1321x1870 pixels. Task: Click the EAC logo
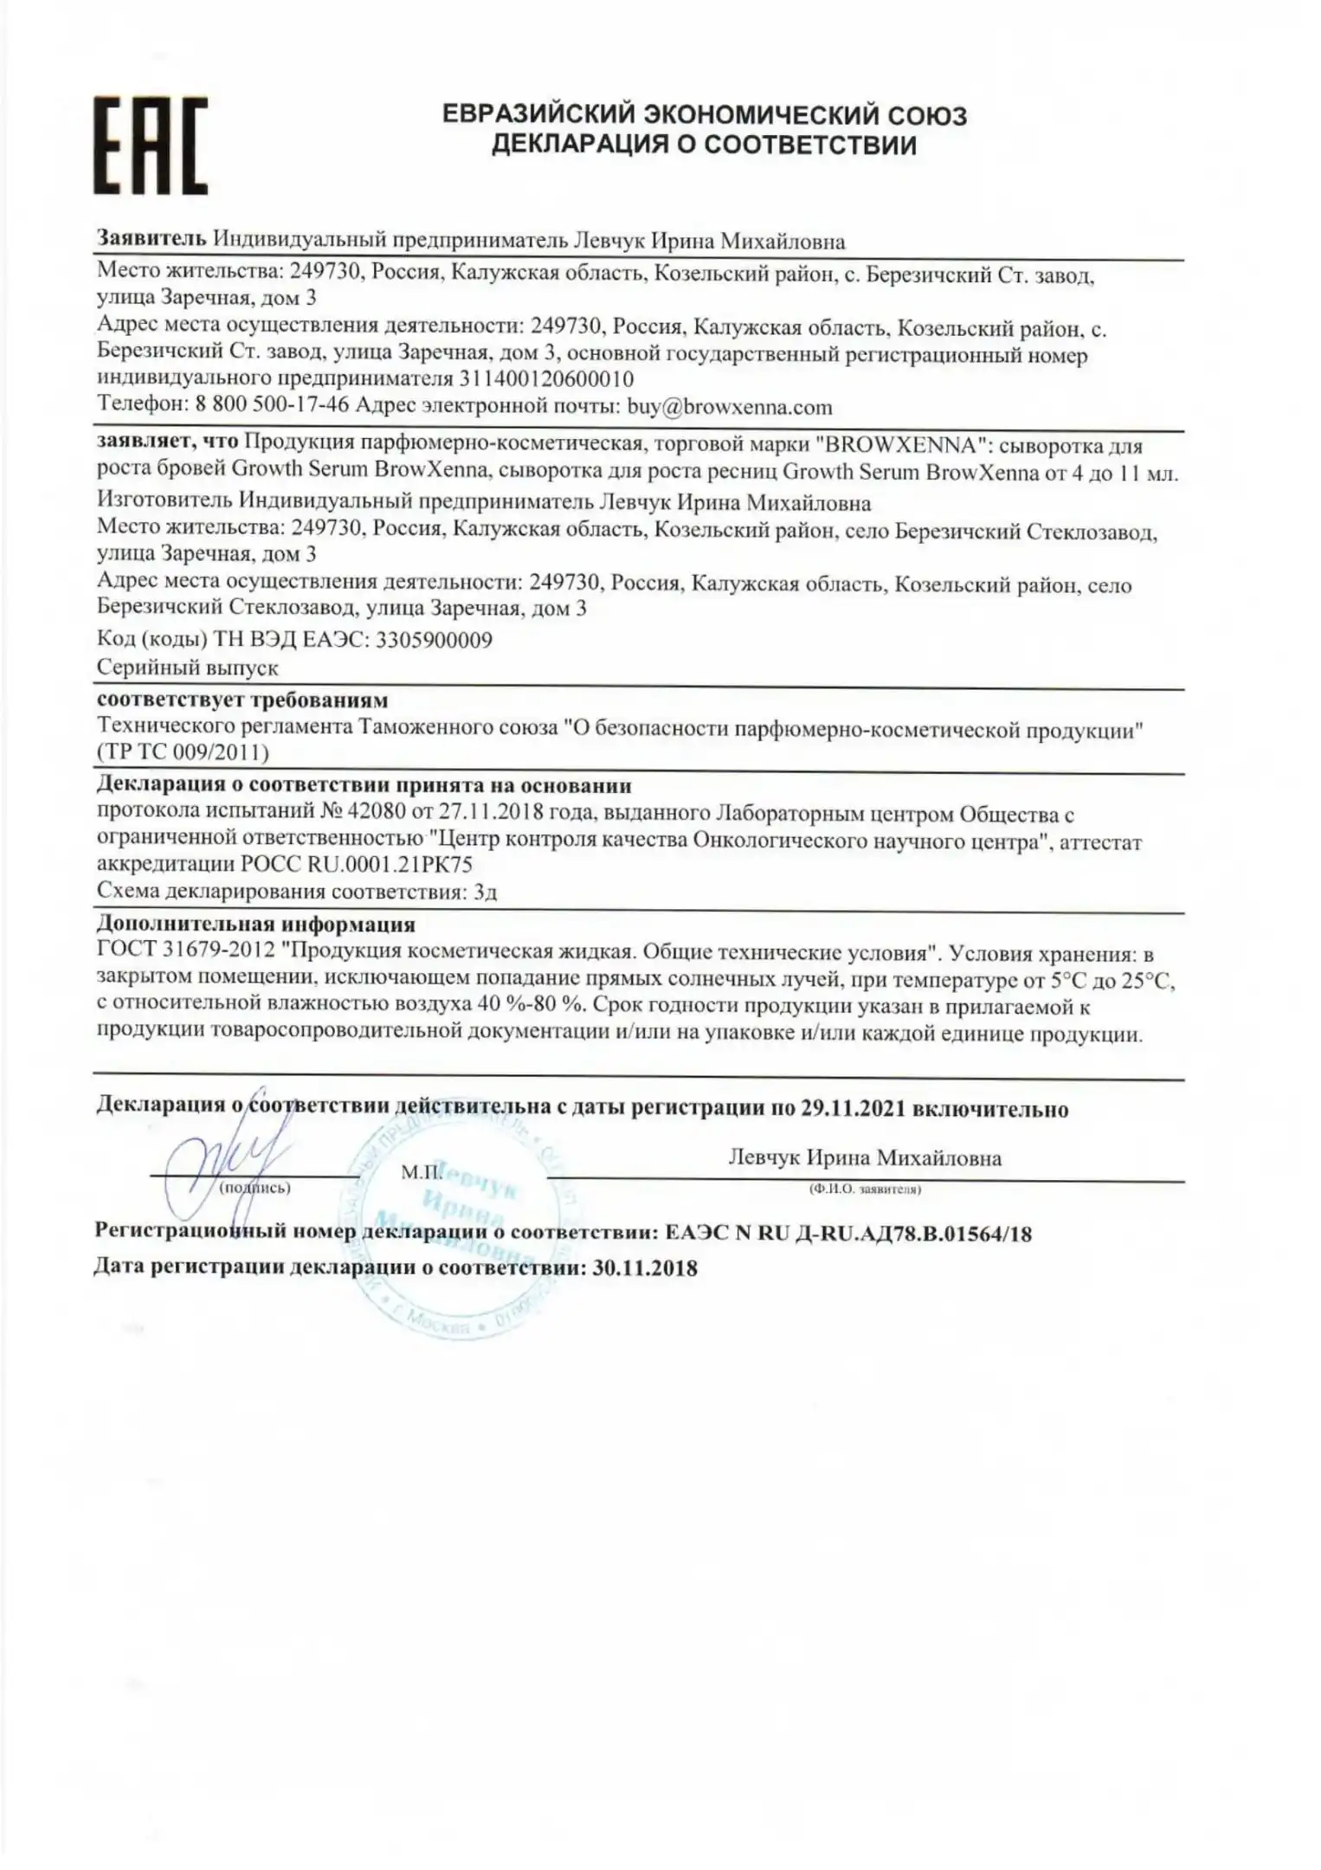[151, 145]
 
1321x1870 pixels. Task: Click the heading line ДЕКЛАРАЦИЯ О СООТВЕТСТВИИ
[704, 145]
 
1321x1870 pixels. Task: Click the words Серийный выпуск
[187, 668]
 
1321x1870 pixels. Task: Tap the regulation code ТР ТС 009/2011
[184, 752]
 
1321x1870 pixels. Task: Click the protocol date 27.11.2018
[493, 814]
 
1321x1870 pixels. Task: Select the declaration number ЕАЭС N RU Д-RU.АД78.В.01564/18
[848, 1234]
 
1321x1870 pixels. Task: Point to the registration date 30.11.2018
[644, 1269]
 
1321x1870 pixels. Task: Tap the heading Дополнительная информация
[255, 925]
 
